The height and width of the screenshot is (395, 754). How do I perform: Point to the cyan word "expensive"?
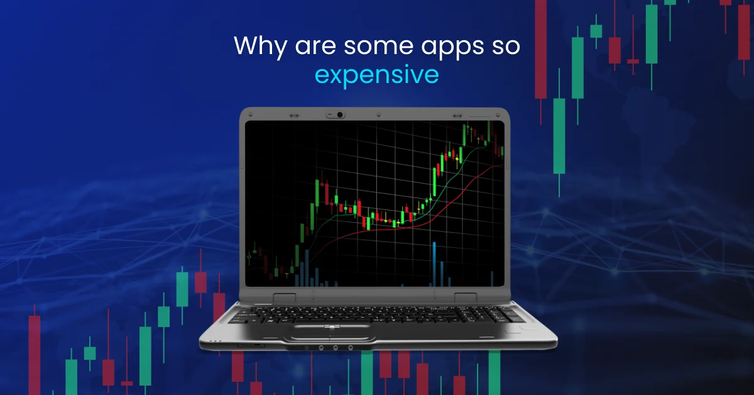coord(376,74)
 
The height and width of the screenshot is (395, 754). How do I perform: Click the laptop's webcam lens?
coord(339,114)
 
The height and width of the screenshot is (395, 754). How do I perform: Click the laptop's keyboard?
coord(377,313)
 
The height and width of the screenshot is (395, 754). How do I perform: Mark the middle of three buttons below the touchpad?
coord(335,347)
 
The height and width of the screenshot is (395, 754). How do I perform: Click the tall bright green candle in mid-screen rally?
coord(434,182)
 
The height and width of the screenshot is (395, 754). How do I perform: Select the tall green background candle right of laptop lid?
coord(559,135)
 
